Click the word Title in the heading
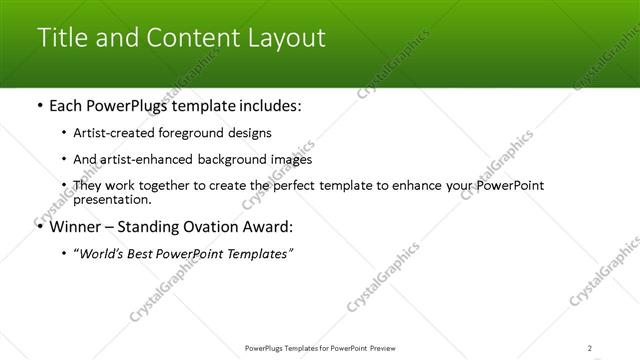click(58, 38)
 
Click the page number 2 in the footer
click(589, 347)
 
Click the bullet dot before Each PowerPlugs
click(39, 105)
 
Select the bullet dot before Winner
click(39, 226)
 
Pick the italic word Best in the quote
click(150, 253)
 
